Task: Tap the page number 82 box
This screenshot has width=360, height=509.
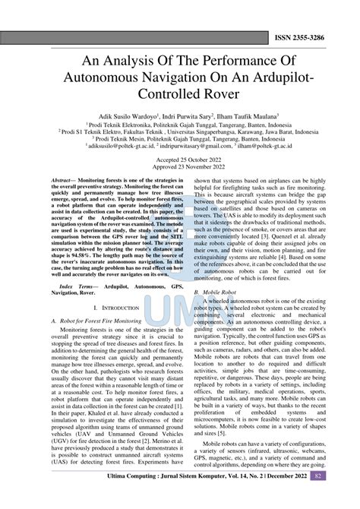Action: (x=340, y=497)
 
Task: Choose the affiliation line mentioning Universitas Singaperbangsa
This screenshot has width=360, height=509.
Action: (x=180, y=131)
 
